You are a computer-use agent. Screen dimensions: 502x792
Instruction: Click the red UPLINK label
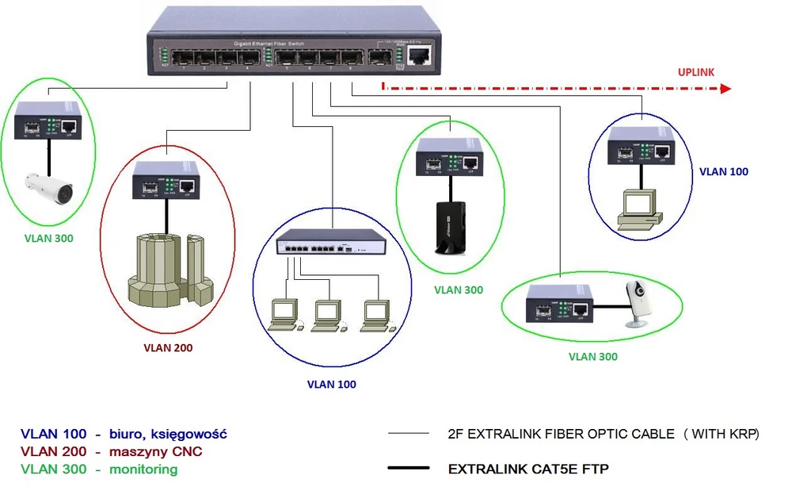696,72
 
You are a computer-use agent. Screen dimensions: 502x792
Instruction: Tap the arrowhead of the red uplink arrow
723,90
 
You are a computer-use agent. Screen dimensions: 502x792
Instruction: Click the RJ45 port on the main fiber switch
419,56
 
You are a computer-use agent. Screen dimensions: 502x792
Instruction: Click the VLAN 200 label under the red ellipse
168,347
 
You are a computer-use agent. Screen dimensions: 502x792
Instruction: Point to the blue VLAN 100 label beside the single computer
724,171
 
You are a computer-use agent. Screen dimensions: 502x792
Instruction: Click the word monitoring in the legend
144,469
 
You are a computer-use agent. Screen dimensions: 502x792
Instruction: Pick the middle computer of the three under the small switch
328,315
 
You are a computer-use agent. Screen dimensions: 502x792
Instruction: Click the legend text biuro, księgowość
169,435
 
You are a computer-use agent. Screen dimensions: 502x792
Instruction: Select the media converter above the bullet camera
50,120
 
